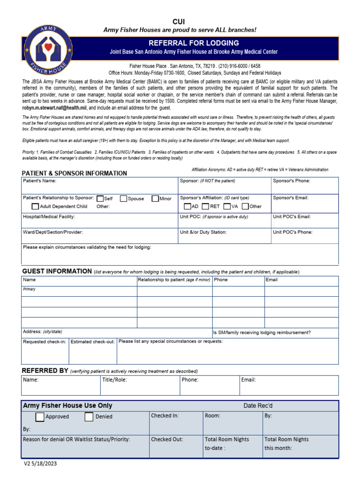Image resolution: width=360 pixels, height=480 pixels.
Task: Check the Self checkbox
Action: (x=100, y=198)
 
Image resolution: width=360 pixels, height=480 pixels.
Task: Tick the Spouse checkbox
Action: (x=124, y=198)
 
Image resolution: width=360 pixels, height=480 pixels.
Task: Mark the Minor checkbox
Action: (x=156, y=198)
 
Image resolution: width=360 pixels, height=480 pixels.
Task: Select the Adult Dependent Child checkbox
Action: (x=35, y=206)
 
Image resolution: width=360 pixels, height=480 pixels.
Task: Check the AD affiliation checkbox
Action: (x=187, y=206)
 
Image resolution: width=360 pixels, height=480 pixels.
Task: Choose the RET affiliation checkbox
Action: (x=206, y=206)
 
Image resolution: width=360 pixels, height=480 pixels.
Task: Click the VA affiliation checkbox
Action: (x=227, y=206)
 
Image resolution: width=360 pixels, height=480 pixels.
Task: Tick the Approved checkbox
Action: (x=40, y=417)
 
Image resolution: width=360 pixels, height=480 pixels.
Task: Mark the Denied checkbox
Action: (x=89, y=417)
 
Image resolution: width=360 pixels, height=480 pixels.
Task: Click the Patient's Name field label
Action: (x=39, y=180)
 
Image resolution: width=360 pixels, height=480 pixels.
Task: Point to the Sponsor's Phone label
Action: (x=292, y=180)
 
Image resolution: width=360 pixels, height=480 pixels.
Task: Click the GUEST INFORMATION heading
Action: (x=57, y=271)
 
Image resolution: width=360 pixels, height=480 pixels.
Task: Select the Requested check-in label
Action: (x=45, y=342)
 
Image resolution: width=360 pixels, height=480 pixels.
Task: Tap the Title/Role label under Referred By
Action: (x=114, y=380)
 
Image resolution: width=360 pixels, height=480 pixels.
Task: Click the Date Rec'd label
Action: (x=258, y=405)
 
